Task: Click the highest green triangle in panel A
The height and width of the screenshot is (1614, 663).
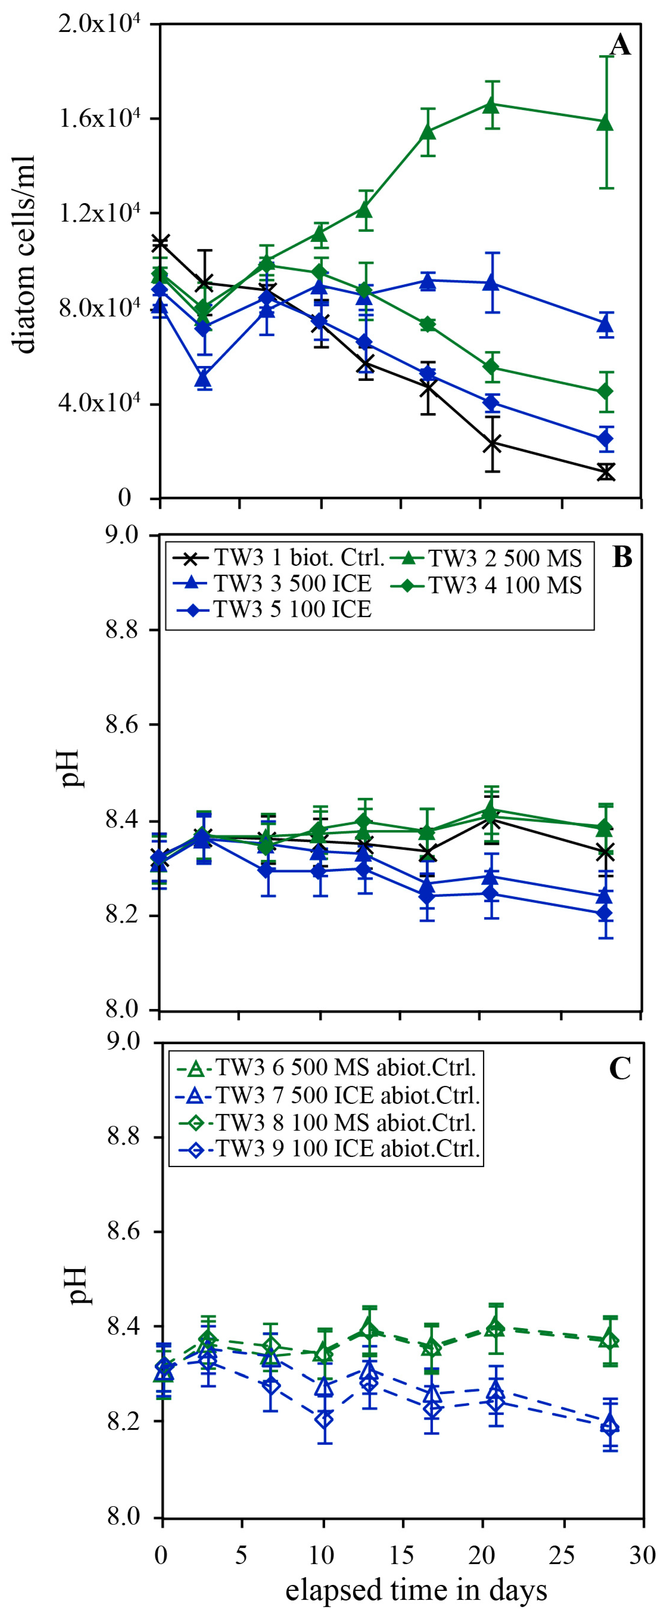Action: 491,105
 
